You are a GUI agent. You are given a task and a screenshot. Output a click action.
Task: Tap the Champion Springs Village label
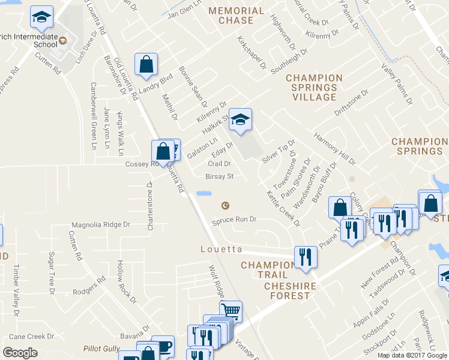point(314,88)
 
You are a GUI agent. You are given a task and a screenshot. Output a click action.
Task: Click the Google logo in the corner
point(20,353)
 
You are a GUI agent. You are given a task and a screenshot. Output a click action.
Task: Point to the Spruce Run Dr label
point(234,220)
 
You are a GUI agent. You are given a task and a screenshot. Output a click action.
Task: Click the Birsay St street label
point(219,176)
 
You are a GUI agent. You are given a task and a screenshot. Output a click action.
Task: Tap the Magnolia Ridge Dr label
point(101,224)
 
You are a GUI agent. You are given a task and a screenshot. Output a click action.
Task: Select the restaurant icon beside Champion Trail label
point(306,257)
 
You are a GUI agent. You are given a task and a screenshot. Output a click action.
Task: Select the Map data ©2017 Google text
point(412,355)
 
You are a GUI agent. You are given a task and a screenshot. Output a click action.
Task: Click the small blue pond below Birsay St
point(204,194)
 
